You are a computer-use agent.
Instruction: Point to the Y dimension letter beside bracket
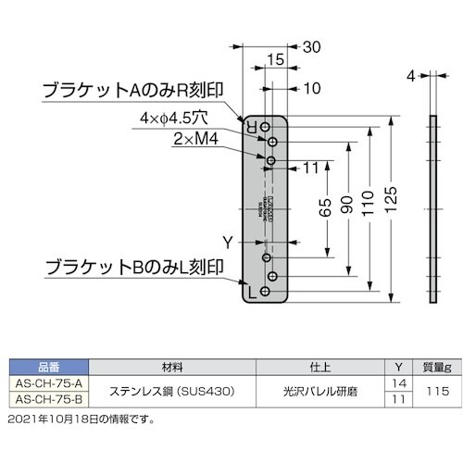227,243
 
